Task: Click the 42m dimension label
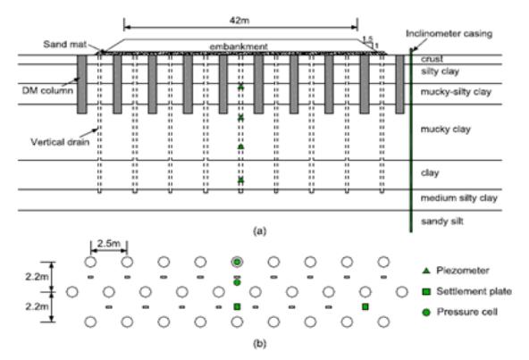[239, 21]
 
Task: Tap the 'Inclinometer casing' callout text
[449, 34]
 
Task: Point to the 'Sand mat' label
[64, 44]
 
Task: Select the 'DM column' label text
[47, 90]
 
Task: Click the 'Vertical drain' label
[60, 142]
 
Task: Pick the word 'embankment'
[239, 46]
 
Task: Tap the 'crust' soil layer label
[432, 59]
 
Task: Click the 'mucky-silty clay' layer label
[456, 92]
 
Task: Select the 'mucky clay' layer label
[445, 130]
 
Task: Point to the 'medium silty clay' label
[458, 198]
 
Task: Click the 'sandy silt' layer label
[442, 222]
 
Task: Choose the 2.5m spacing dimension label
[109, 243]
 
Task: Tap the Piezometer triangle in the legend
[426, 271]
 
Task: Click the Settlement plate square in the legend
[426, 291]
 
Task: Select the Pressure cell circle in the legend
[426, 313]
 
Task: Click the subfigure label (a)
[259, 231]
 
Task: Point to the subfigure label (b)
[259, 343]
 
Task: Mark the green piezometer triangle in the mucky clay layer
[241, 147]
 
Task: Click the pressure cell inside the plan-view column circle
[237, 262]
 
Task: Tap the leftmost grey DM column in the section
[82, 84]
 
